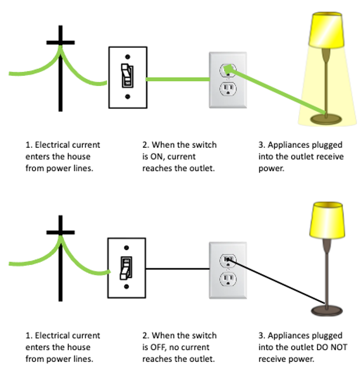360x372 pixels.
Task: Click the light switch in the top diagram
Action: [x=127, y=77]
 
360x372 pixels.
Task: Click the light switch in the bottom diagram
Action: [x=126, y=268]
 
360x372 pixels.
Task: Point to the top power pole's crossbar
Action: [x=60, y=43]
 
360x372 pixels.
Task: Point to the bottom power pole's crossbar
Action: [x=60, y=234]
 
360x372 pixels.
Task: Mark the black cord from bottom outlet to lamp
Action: [x=276, y=282]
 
